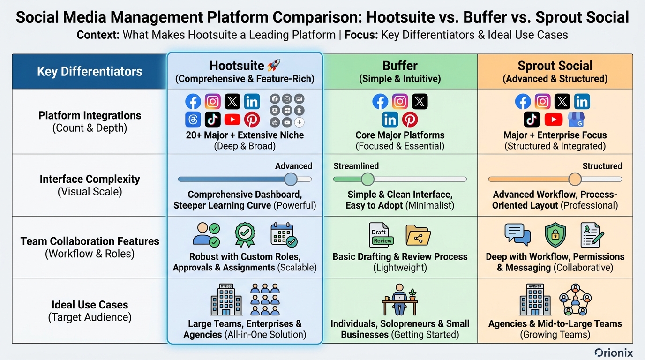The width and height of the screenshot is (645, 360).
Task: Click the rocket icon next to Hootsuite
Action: [273, 66]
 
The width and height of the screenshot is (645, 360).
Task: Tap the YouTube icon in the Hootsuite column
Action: [232, 120]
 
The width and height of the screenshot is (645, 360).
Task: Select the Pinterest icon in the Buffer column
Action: [410, 120]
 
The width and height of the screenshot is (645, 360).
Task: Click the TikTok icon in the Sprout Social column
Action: [532, 120]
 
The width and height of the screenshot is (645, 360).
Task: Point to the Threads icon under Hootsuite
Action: [193, 120]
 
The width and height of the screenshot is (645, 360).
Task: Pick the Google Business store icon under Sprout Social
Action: [576, 120]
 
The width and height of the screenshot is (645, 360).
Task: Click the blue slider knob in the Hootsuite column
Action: [291, 179]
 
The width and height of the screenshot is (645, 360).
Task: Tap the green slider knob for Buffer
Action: [367, 179]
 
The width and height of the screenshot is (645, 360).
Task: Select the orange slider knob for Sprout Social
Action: [575, 179]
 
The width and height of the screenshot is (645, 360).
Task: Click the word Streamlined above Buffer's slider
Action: [356, 166]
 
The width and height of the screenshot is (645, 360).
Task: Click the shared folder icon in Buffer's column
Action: [418, 235]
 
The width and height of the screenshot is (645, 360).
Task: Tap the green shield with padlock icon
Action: [555, 235]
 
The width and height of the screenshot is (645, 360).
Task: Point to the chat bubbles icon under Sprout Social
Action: [517, 234]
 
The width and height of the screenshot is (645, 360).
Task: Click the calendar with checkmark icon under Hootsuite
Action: [284, 235]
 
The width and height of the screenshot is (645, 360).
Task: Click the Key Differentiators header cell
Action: [90, 72]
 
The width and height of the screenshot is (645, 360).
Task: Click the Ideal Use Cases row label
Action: [90, 310]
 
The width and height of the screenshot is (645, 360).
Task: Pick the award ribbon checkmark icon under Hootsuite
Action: [244, 234]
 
